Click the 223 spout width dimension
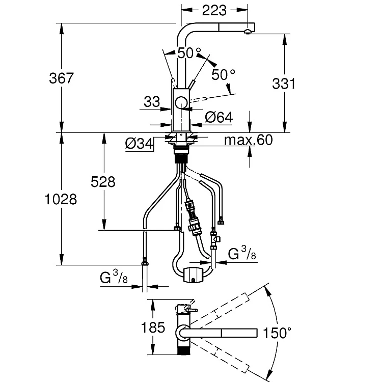tap(214, 11)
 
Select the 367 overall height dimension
tap(61, 78)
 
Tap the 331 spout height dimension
tap(284, 84)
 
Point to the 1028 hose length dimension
tap(61, 199)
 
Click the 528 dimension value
tap(103, 182)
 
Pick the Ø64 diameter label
tap(219, 118)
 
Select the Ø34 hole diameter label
tap(139, 144)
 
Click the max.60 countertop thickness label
tap(248, 140)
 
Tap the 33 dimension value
tap(152, 101)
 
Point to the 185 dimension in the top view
tap(153, 327)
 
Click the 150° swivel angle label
tap(277, 333)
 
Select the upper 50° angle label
tap(189, 53)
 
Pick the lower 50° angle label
tap(223, 74)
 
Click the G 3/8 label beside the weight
tap(242, 253)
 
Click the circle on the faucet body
tap(181, 102)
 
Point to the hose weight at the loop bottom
tap(193, 275)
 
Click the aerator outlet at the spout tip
tap(247, 31)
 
